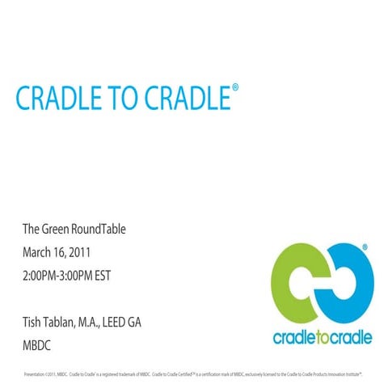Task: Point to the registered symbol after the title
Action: [x=235, y=84]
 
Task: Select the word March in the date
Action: [x=40, y=252]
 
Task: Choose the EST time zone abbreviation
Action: [x=120, y=275]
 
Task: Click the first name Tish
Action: [x=35, y=322]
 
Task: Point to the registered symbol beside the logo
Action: [x=366, y=244]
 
